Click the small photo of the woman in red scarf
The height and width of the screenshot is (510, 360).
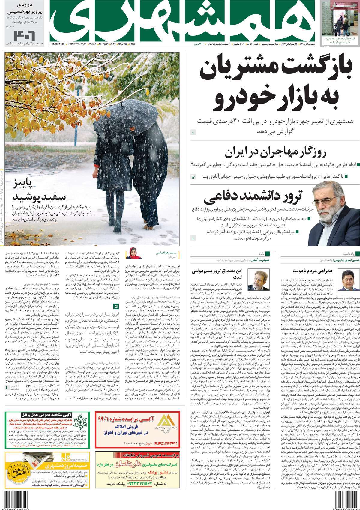133,253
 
